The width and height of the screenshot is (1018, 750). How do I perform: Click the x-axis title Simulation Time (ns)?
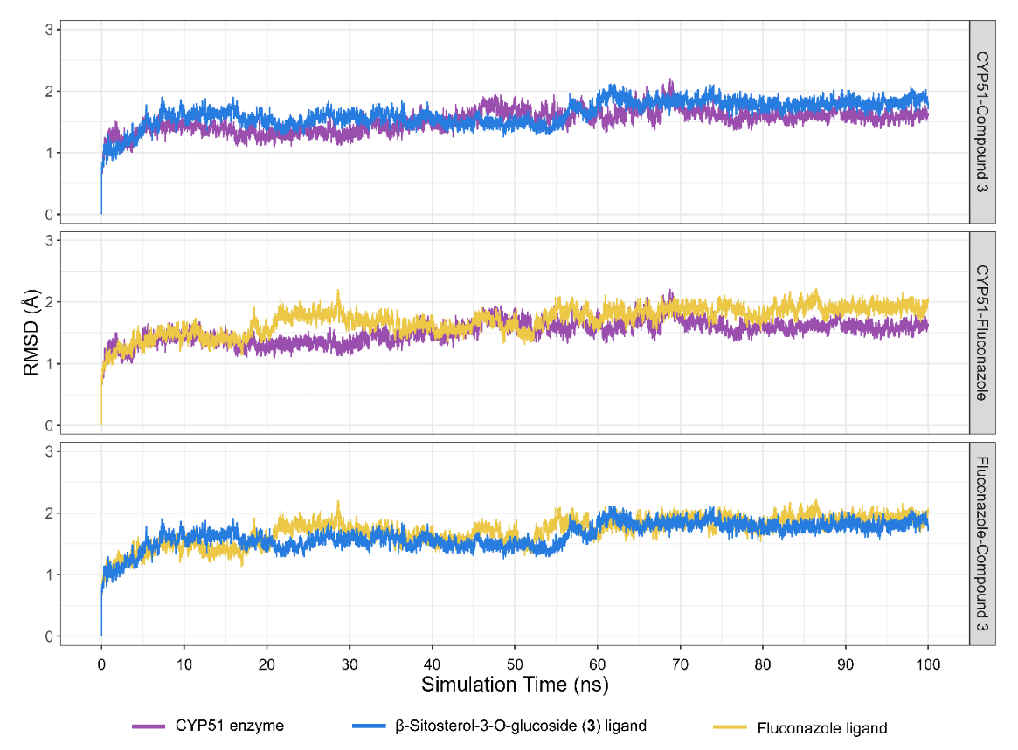(515, 684)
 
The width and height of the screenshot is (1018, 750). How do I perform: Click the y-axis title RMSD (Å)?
(31, 335)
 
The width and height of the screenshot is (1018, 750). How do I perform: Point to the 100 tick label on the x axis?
(928, 664)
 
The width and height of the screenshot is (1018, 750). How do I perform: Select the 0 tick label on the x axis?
(101, 664)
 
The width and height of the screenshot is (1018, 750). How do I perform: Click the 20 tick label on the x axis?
(267, 664)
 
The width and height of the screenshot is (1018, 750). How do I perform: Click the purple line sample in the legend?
(149, 726)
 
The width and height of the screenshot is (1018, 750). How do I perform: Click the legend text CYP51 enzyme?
(230, 726)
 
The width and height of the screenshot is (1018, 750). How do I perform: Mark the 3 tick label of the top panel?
(50, 30)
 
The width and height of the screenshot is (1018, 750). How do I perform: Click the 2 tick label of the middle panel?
(50, 302)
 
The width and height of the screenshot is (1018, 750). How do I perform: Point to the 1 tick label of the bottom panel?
(50, 575)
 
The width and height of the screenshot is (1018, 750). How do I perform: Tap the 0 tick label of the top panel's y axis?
(50, 215)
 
